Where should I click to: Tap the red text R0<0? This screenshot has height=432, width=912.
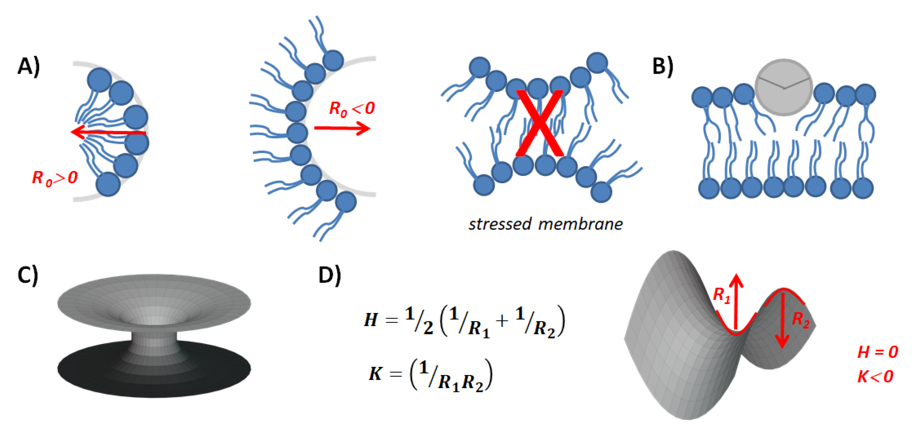click(352, 108)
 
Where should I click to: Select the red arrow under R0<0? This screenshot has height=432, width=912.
click(342, 128)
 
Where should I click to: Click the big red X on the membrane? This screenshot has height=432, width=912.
click(539, 123)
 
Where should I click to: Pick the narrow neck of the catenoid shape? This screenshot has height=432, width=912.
click(153, 341)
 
